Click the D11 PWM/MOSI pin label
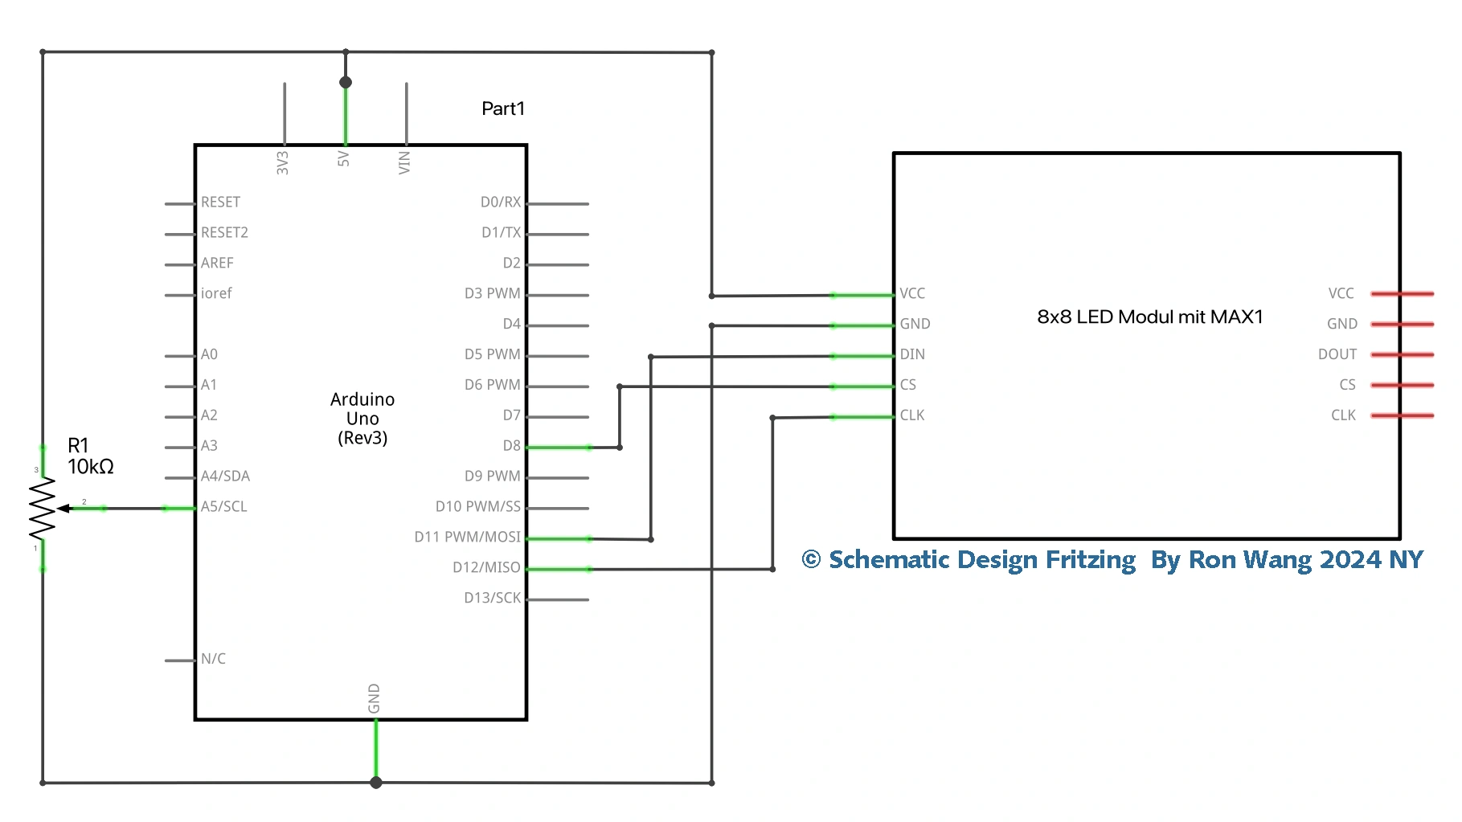point(467,537)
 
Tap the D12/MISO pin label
point(486,567)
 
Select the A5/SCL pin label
point(224,506)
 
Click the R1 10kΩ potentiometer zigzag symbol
point(42,509)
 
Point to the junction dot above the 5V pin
point(346,82)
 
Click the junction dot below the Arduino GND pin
point(375,783)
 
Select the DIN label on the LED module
point(912,354)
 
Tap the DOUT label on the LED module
point(1337,354)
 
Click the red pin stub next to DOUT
point(1403,354)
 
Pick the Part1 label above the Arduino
point(503,108)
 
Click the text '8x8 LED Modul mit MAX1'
point(1150,317)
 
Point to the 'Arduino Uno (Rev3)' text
point(362,419)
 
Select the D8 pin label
point(512,445)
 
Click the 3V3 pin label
point(282,162)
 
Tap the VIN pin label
point(404,162)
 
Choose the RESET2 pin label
point(224,232)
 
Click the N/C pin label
point(213,659)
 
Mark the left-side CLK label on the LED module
point(912,415)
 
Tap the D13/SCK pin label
point(492,598)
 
